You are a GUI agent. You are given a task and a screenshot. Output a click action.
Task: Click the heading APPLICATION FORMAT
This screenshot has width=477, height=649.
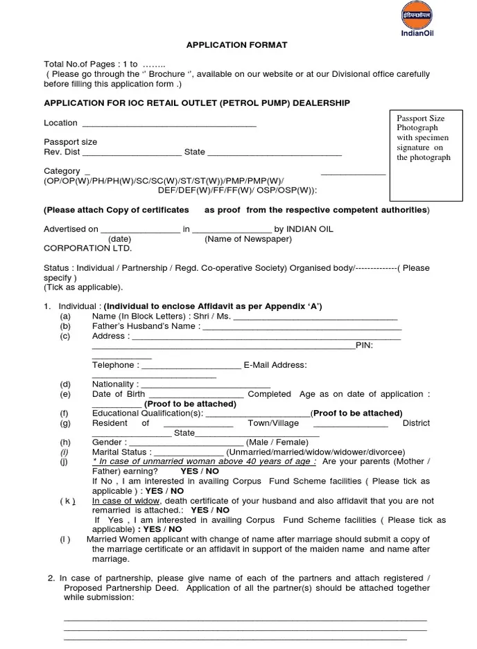[236, 45]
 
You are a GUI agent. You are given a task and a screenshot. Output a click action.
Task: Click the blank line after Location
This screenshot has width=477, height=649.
[169, 125]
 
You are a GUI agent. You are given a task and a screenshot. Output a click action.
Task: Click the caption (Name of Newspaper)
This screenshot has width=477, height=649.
[248, 239]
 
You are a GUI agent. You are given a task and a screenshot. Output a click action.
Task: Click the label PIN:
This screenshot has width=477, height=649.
[365, 345]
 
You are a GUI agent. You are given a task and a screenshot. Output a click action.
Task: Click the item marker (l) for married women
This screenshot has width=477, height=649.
[64, 540]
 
